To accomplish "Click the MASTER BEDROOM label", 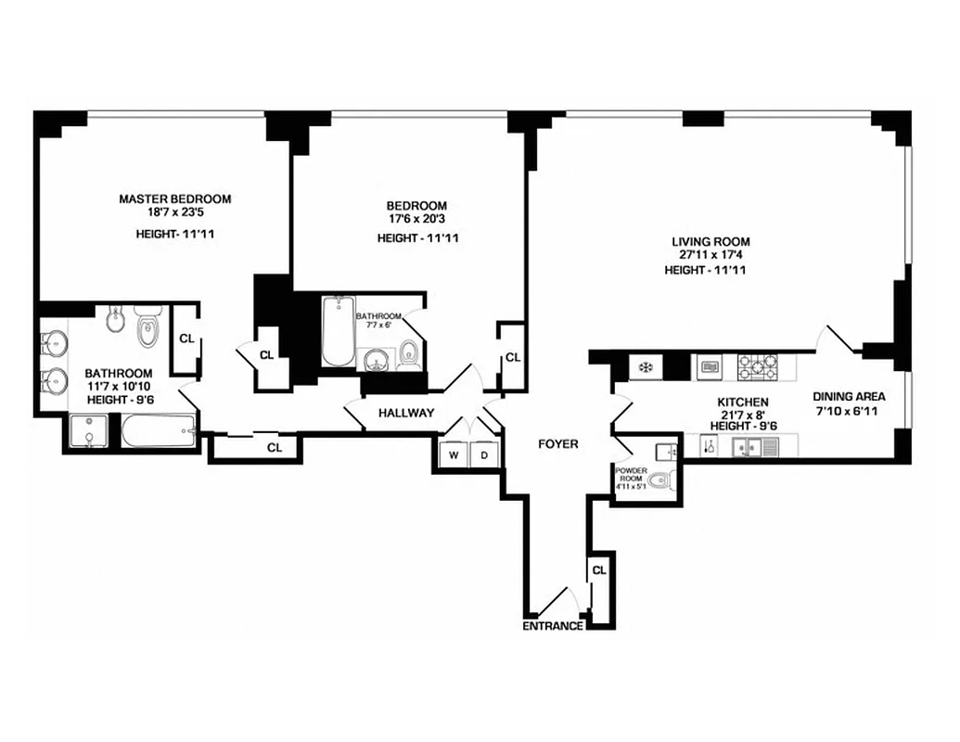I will (175, 198).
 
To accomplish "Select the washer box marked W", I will (454, 455).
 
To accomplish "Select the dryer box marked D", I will (484, 455).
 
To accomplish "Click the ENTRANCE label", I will (554, 626).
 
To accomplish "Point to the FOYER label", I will (558, 444).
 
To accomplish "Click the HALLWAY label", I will (406, 414).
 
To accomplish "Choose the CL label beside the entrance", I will (599, 570).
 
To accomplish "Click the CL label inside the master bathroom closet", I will (186, 339).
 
